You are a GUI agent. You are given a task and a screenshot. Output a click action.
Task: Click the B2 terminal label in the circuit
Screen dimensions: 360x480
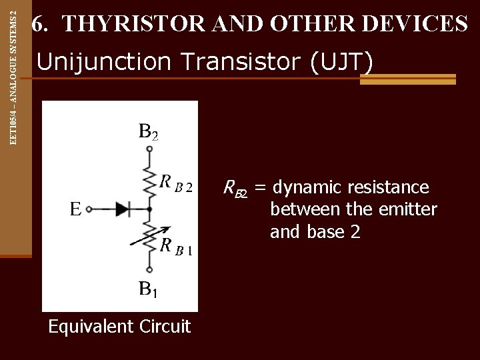click(148, 132)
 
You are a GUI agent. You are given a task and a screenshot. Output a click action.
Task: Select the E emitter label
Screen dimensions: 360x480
click(77, 209)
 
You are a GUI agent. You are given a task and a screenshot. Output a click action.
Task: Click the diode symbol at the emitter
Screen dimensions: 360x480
click(124, 209)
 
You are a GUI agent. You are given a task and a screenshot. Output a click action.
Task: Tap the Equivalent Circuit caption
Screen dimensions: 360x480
click(119, 327)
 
